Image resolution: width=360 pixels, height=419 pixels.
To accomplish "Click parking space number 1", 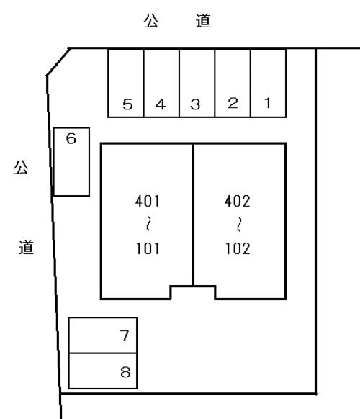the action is pyautogui.click(x=268, y=83).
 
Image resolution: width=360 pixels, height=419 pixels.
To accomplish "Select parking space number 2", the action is pyautogui.click(x=233, y=83).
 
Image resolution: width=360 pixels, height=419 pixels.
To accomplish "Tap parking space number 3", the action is pyautogui.click(x=197, y=83).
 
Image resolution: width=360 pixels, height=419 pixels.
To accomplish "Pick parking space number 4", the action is pyautogui.click(x=161, y=83).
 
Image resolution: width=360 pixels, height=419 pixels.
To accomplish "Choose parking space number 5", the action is pyautogui.click(x=126, y=83).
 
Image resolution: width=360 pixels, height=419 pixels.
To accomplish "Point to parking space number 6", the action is pyautogui.click(x=71, y=162).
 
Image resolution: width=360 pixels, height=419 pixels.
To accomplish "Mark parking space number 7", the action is pyautogui.click(x=103, y=335).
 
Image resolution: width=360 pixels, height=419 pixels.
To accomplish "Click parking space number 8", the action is pyautogui.click(x=103, y=371).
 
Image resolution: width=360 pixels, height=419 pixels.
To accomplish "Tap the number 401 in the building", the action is pyautogui.click(x=148, y=201).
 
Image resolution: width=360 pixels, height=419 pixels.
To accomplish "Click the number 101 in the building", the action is pyautogui.click(x=148, y=248).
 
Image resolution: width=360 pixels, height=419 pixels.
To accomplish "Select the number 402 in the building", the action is pyautogui.click(x=238, y=201).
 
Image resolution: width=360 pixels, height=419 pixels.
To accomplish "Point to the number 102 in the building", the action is pyautogui.click(x=238, y=248).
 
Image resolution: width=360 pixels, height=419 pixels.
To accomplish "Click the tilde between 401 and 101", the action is pyautogui.click(x=148, y=224).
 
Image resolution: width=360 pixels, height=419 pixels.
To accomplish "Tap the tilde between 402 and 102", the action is pyautogui.click(x=239, y=224).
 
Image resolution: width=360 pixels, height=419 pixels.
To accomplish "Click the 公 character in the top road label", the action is pyautogui.click(x=151, y=21).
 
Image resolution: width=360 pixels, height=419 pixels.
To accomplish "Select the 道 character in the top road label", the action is pyautogui.click(x=203, y=21).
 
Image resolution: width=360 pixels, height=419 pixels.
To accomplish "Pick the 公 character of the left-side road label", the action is pyautogui.click(x=21, y=167).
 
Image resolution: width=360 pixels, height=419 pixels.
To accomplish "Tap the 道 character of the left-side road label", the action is pyautogui.click(x=26, y=247).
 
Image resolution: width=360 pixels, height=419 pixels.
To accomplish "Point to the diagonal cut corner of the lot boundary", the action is pyautogui.click(x=58, y=62).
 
